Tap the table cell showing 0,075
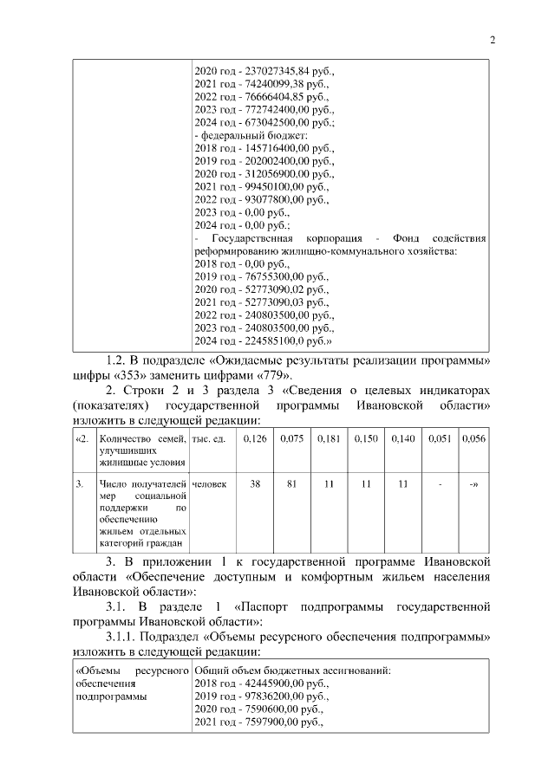coord(292,439)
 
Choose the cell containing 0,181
coord(329,439)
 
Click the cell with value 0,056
coord(473,439)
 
